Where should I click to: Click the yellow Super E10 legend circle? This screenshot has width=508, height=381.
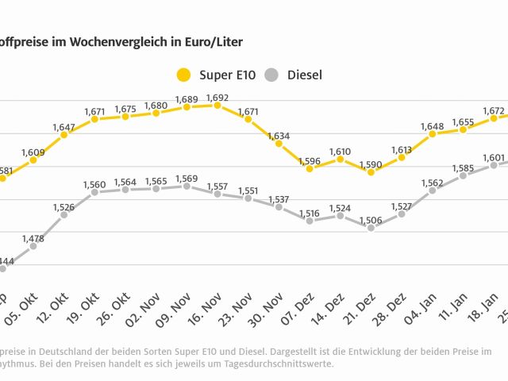pos(183,75)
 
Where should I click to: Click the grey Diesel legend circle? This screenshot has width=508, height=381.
pos(272,75)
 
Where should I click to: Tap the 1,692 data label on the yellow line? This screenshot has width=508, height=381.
pos(217,98)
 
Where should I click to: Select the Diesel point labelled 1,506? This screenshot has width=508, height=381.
pos(371,228)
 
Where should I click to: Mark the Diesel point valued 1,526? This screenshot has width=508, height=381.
pos(63,214)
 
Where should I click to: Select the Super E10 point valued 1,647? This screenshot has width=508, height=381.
pos(63,134)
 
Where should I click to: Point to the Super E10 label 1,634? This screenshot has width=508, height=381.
pos(279,137)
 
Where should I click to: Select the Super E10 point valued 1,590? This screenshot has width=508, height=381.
pos(371,171)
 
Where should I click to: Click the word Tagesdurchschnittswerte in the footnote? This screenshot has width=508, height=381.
pos(278,364)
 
